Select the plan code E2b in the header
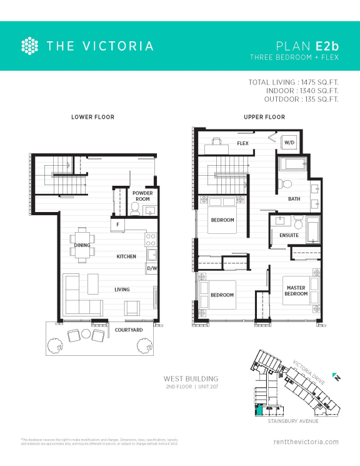[327, 46]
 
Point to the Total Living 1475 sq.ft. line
[294, 83]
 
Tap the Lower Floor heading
[92, 117]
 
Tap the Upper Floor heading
[264, 117]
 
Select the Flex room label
[243, 144]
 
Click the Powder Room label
[142, 196]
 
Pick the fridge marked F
[117, 223]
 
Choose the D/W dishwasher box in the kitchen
[151, 268]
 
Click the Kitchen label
[126, 256]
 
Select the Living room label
[122, 290]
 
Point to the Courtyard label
[129, 330]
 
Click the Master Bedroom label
[296, 291]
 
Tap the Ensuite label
[289, 235]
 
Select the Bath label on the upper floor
[294, 199]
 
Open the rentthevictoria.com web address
[306, 442]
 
